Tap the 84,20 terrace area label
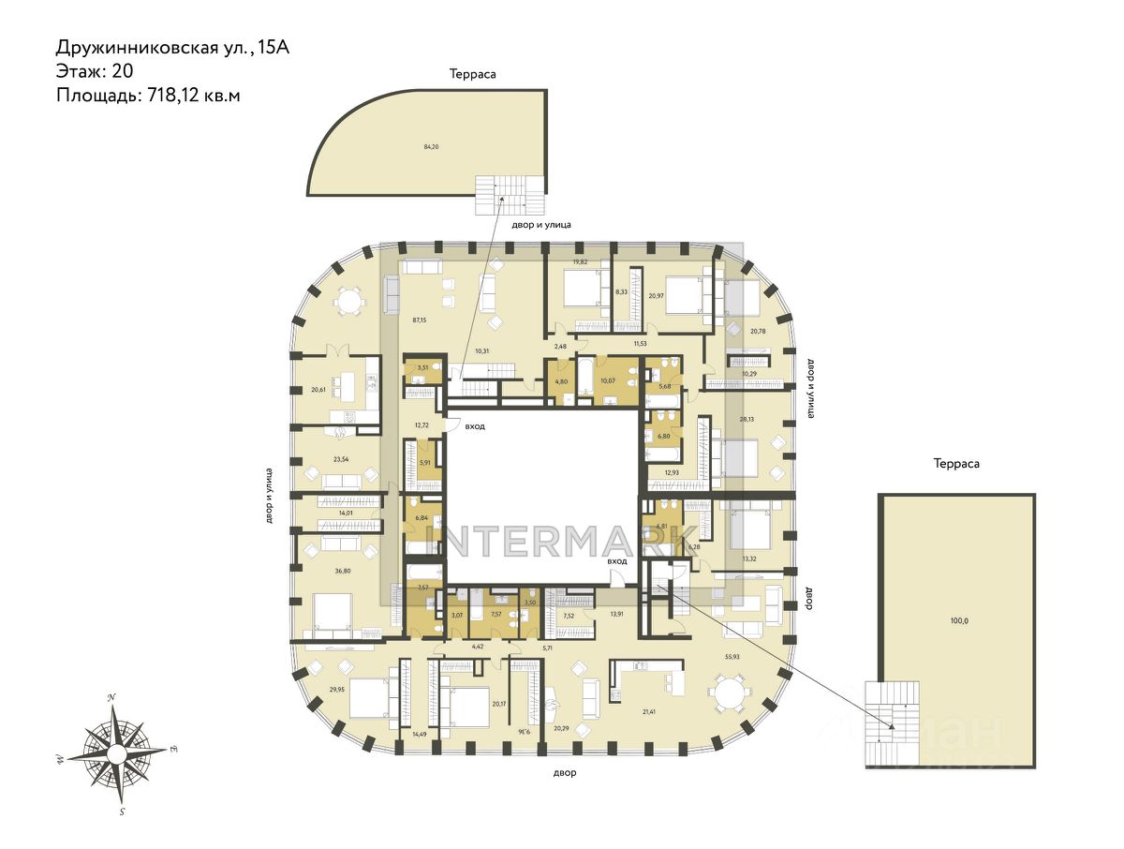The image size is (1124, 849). tap(431, 146)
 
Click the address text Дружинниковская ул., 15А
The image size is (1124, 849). tap(172, 48)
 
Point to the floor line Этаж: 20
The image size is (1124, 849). tap(96, 71)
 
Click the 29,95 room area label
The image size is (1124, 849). tap(337, 689)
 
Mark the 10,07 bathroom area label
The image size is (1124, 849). tap(607, 380)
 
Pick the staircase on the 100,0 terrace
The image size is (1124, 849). tap(885, 724)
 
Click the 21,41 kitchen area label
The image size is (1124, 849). tap(648, 712)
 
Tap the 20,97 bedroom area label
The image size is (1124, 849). tap(655, 296)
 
